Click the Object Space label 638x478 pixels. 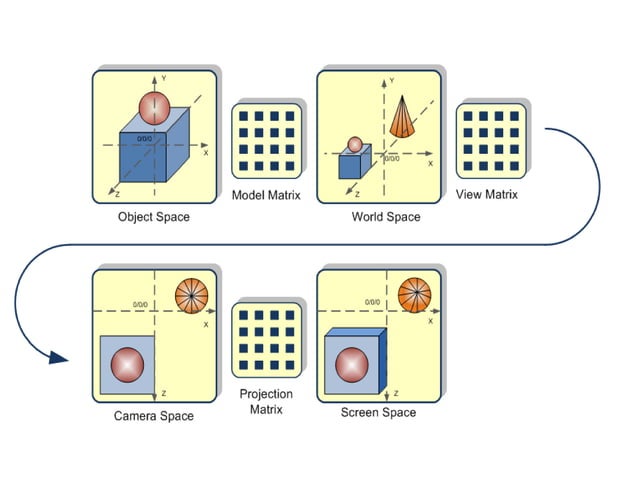tap(152, 217)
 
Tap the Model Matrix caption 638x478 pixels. tap(266, 195)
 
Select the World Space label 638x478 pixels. tap(385, 217)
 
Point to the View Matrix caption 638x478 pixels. tap(487, 194)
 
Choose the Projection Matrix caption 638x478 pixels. tap(266, 401)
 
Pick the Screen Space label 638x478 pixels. tap(378, 412)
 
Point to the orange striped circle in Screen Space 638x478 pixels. tap(414, 296)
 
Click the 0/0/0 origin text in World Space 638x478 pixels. tap(391, 158)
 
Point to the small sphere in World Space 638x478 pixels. tap(354, 145)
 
